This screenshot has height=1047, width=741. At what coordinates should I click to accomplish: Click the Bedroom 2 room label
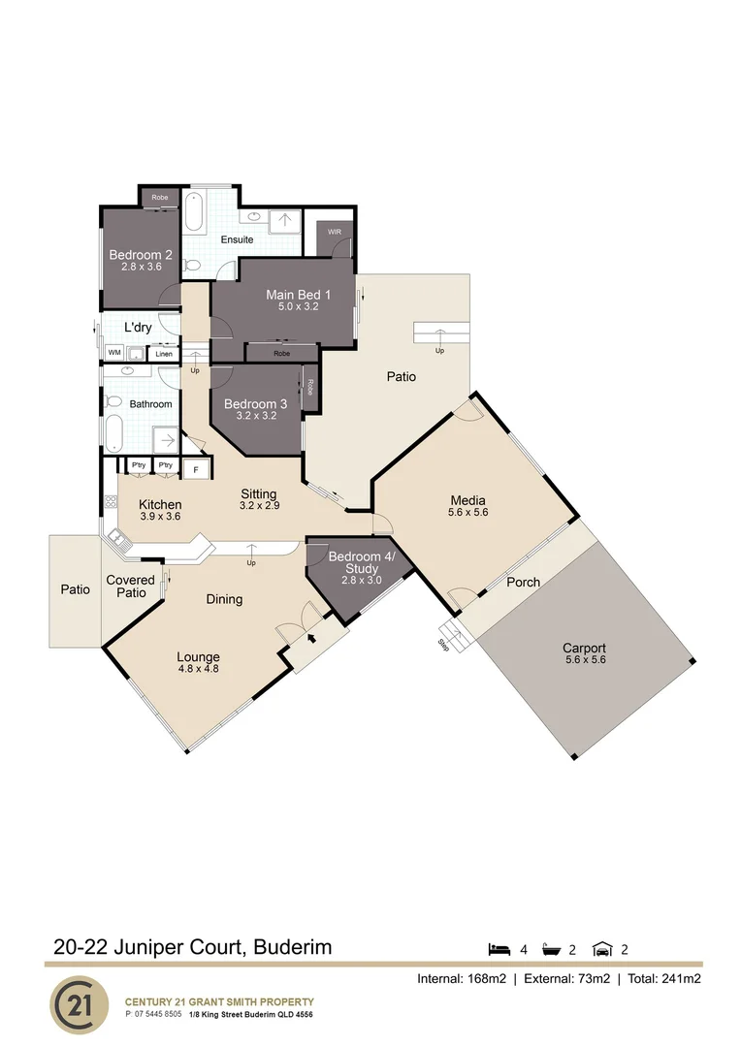[141, 255]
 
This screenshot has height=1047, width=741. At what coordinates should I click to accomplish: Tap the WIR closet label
[335, 233]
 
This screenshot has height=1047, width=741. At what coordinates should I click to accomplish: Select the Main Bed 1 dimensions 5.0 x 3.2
[299, 306]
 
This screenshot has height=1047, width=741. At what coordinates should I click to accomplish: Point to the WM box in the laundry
[114, 352]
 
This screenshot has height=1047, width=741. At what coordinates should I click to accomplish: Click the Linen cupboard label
[165, 353]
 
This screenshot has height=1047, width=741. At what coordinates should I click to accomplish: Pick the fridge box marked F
[197, 470]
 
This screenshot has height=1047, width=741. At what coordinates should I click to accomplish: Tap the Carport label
[584, 649]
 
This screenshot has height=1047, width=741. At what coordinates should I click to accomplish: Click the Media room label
[467, 500]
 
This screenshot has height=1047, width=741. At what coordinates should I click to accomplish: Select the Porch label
[524, 582]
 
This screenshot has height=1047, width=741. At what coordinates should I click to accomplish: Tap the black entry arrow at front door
[311, 639]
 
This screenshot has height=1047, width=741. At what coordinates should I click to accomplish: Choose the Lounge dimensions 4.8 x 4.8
[199, 668]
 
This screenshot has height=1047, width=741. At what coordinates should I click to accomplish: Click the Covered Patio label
[131, 586]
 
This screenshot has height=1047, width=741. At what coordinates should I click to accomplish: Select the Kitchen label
[160, 504]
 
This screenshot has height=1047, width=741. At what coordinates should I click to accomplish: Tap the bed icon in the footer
[499, 948]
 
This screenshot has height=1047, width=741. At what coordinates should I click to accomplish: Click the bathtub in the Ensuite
[194, 211]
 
